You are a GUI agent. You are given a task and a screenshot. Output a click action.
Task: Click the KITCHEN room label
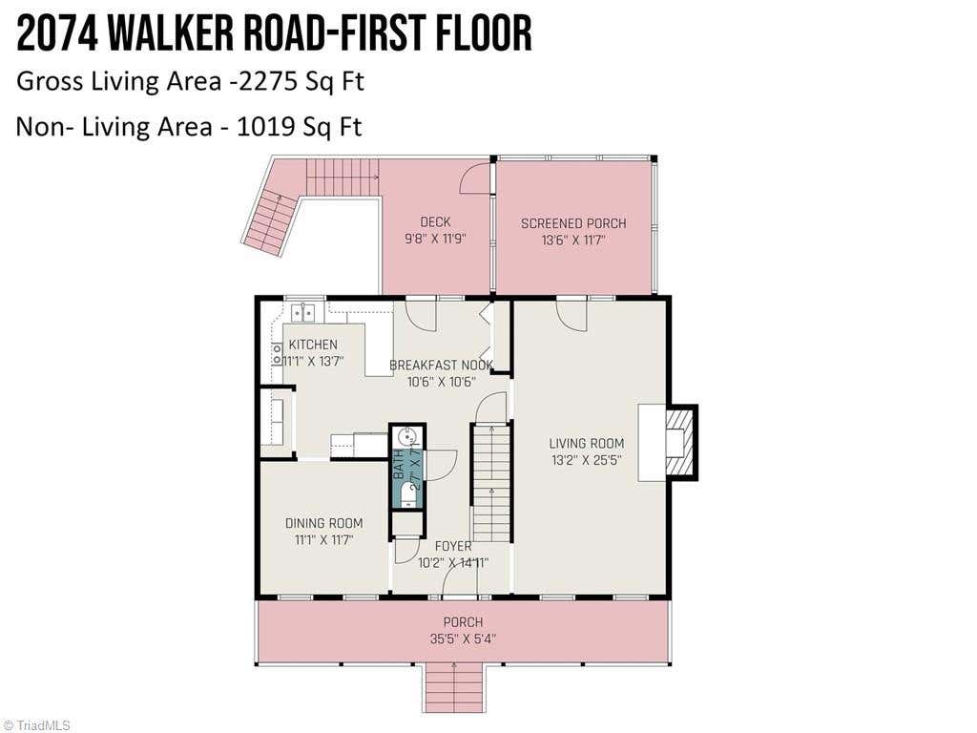pyautogui.click(x=313, y=344)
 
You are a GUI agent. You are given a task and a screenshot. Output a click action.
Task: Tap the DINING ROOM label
pyautogui.click(x=324, y=523)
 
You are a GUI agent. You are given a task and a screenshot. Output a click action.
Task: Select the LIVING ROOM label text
pyautogui.click(x=587, y=443)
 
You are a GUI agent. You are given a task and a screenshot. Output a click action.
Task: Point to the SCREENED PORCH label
pyautogui.click(x=573, y=223)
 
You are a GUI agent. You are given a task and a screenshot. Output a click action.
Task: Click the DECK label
pyautogui.click(x=435, y=221)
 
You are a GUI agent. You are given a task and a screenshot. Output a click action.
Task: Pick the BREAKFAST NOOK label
pyautogui.click(x=441, y=365)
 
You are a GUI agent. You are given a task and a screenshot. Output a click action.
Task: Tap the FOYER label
pyautogui.click(x=453, y=546)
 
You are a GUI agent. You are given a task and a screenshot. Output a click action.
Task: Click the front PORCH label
pyautogui.click(x=463, y=621)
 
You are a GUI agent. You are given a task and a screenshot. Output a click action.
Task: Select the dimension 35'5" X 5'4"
pyautogui.click(x=463, y=639)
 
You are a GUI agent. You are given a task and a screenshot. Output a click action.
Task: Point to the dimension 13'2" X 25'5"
pyautogui.click(x=587, y=460)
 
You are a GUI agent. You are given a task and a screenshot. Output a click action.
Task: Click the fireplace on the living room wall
pyautogui.click(x=681, y=442)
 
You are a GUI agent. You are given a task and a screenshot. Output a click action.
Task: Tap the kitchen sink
pyautogui.click(x=303, y=311)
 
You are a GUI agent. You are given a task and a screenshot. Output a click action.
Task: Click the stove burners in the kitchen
pyautogui.click(x=277, y=355)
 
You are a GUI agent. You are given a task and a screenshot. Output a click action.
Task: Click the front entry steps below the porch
pyautogui.click(x=454, y=688)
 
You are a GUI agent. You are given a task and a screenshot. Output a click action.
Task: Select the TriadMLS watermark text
pyautogui.click(x=38, y=725)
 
